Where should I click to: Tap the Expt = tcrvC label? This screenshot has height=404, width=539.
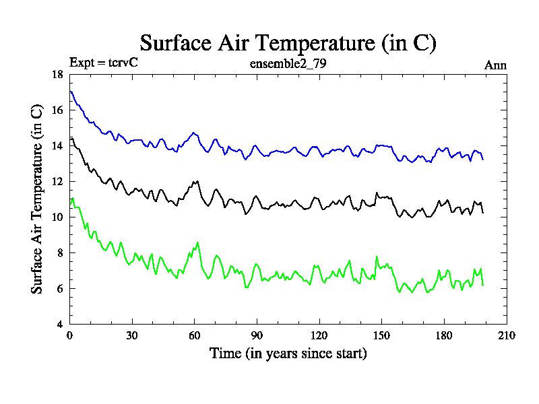tap(104, 63)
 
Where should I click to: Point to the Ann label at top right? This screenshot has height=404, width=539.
tap(495, 65)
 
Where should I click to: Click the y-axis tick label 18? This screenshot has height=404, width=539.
tap(58, 74)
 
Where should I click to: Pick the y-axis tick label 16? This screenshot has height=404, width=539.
tap(58, 110)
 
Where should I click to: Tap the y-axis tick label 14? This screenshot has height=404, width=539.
tap(58, 145)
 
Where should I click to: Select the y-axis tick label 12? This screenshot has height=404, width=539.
tap(58, 181)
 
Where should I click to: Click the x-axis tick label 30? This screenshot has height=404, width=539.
tap(131, 335)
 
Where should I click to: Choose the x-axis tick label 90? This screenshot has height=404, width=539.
tap(256, 335)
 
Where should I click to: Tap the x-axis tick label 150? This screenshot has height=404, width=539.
tap(381, 335)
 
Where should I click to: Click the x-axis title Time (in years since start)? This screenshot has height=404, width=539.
tap(288, 353)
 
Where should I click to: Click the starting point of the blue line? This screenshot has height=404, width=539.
tap(70, 92)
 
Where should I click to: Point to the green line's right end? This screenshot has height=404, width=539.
tap(483, 285)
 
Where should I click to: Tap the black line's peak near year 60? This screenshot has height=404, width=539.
tap(196, 181)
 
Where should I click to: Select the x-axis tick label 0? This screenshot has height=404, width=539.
tap(69, 335)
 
